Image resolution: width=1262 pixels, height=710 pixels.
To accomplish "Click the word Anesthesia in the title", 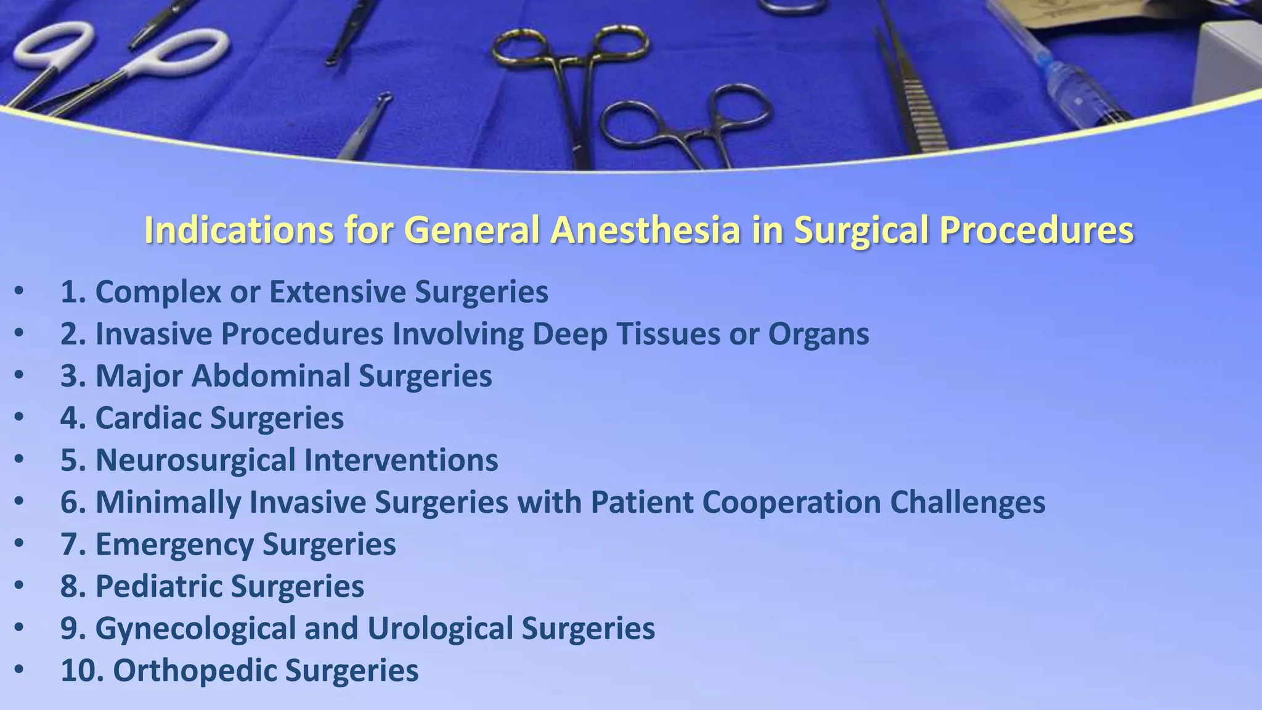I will pyautogui.click(x=645, y=230).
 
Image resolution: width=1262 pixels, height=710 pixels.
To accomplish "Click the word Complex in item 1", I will pyautogui.click(x=158, y=292).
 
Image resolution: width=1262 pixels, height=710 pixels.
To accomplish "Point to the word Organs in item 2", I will pyautogui.click(x=818, y=334).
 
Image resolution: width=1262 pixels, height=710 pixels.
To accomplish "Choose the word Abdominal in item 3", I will pyautogui.click(x=271, y=376).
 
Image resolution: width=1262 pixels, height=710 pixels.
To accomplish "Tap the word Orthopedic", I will pyautogui.click(x=195, y=671).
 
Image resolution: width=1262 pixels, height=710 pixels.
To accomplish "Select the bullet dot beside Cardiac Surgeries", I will pyautogui.click(x=19, y=418).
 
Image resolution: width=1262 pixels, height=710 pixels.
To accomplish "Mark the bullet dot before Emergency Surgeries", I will pyautogui.click(x=19, y=544).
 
